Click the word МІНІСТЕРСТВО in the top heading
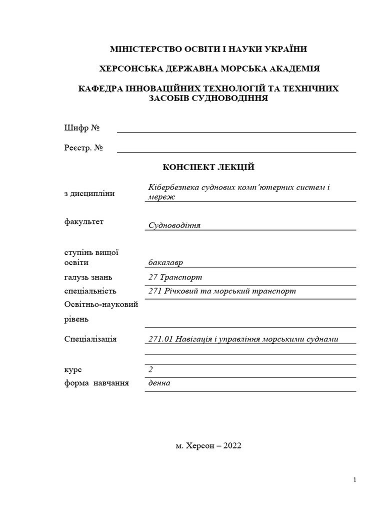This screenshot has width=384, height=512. pos(143,49)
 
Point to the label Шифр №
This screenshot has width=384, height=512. pos(82,128)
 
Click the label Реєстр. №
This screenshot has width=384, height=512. pos(83,148)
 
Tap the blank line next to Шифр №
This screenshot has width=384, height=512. pos(236,131)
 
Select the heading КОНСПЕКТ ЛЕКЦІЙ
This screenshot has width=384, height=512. pos(209,167)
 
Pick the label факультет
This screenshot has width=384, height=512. pos(84,221)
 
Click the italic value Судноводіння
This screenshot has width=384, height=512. pos(174,225)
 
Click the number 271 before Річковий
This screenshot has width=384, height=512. pos(154,291)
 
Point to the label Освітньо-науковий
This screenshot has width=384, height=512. pos(101,304)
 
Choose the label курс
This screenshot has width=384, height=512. pos(73,370)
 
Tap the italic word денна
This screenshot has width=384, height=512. pos(159,383)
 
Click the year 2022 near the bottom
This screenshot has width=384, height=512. pos(231,445)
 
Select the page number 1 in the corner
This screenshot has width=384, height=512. pos(354,480)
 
